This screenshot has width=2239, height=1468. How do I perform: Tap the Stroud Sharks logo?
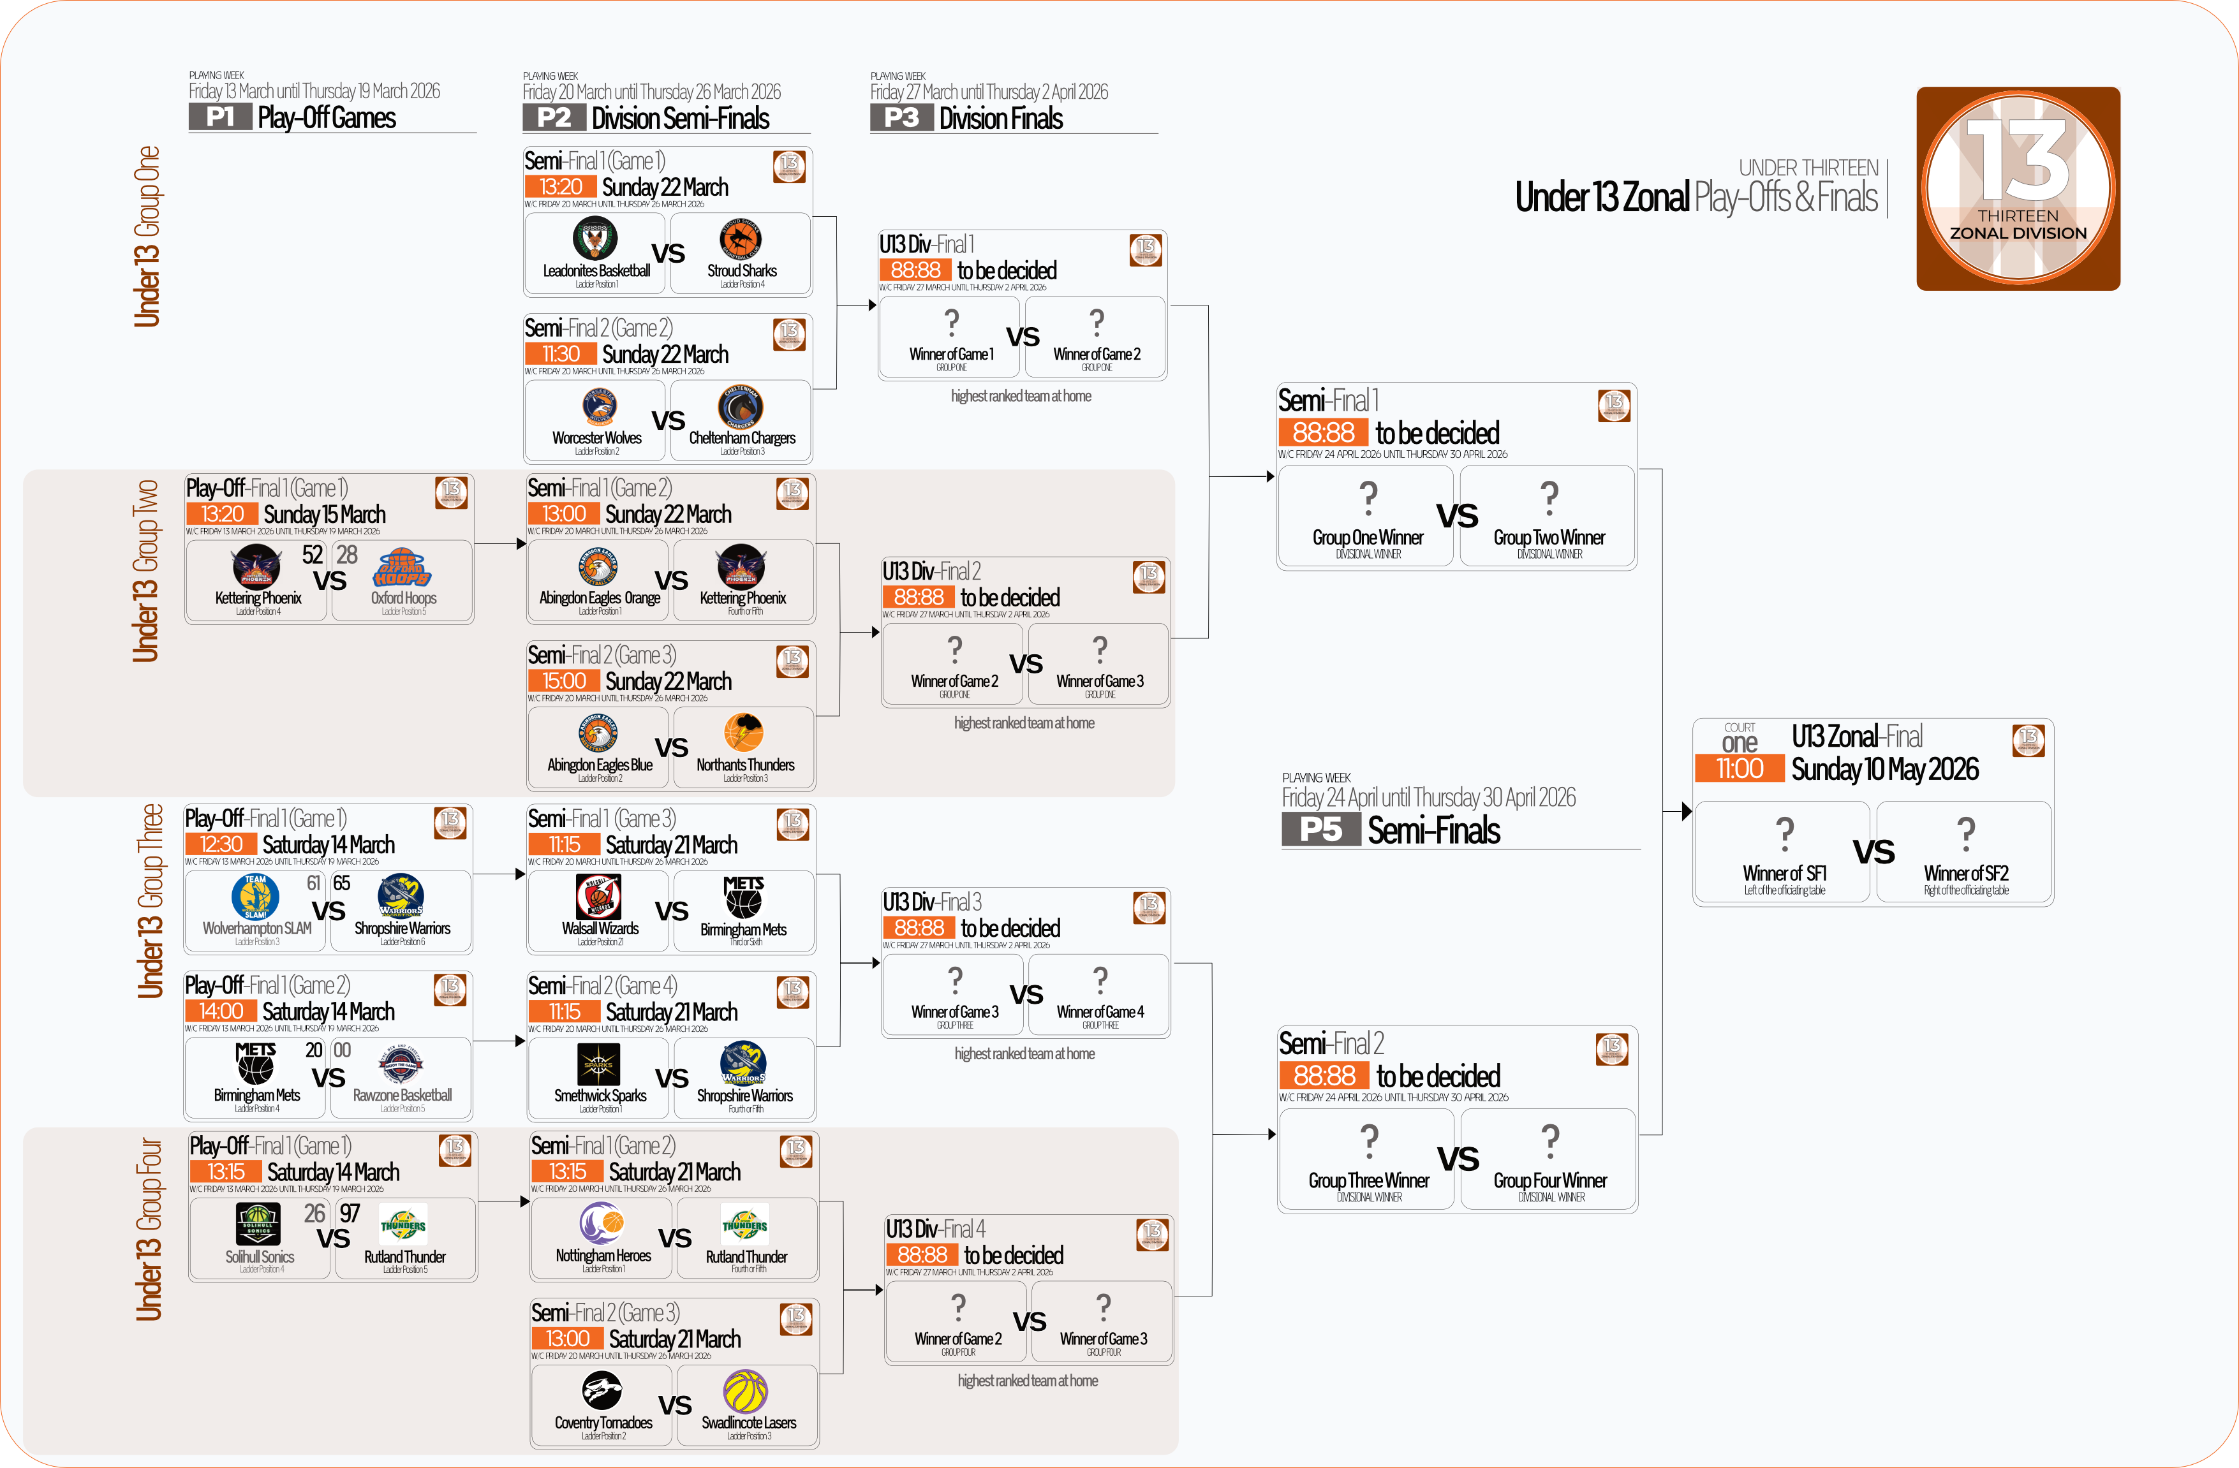pyautogui.click(x=741, y=239)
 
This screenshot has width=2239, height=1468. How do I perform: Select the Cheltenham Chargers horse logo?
pyautogui.click(x=741, y=406)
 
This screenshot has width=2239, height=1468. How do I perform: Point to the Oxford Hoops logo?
pyautogui.click(x=403, y=567)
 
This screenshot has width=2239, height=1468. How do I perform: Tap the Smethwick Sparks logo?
pyautogui.click(x=599, y=1064)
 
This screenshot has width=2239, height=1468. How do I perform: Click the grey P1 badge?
pyautogui.click(x=220, y=117)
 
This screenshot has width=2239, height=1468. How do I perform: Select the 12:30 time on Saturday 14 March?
pyautogui.click(x=221, y=844)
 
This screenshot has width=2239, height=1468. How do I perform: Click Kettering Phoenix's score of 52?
pyautogui.click(x=313, y=555)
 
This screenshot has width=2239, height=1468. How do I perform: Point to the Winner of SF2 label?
pyautogui.click(x=1965, y=874)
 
